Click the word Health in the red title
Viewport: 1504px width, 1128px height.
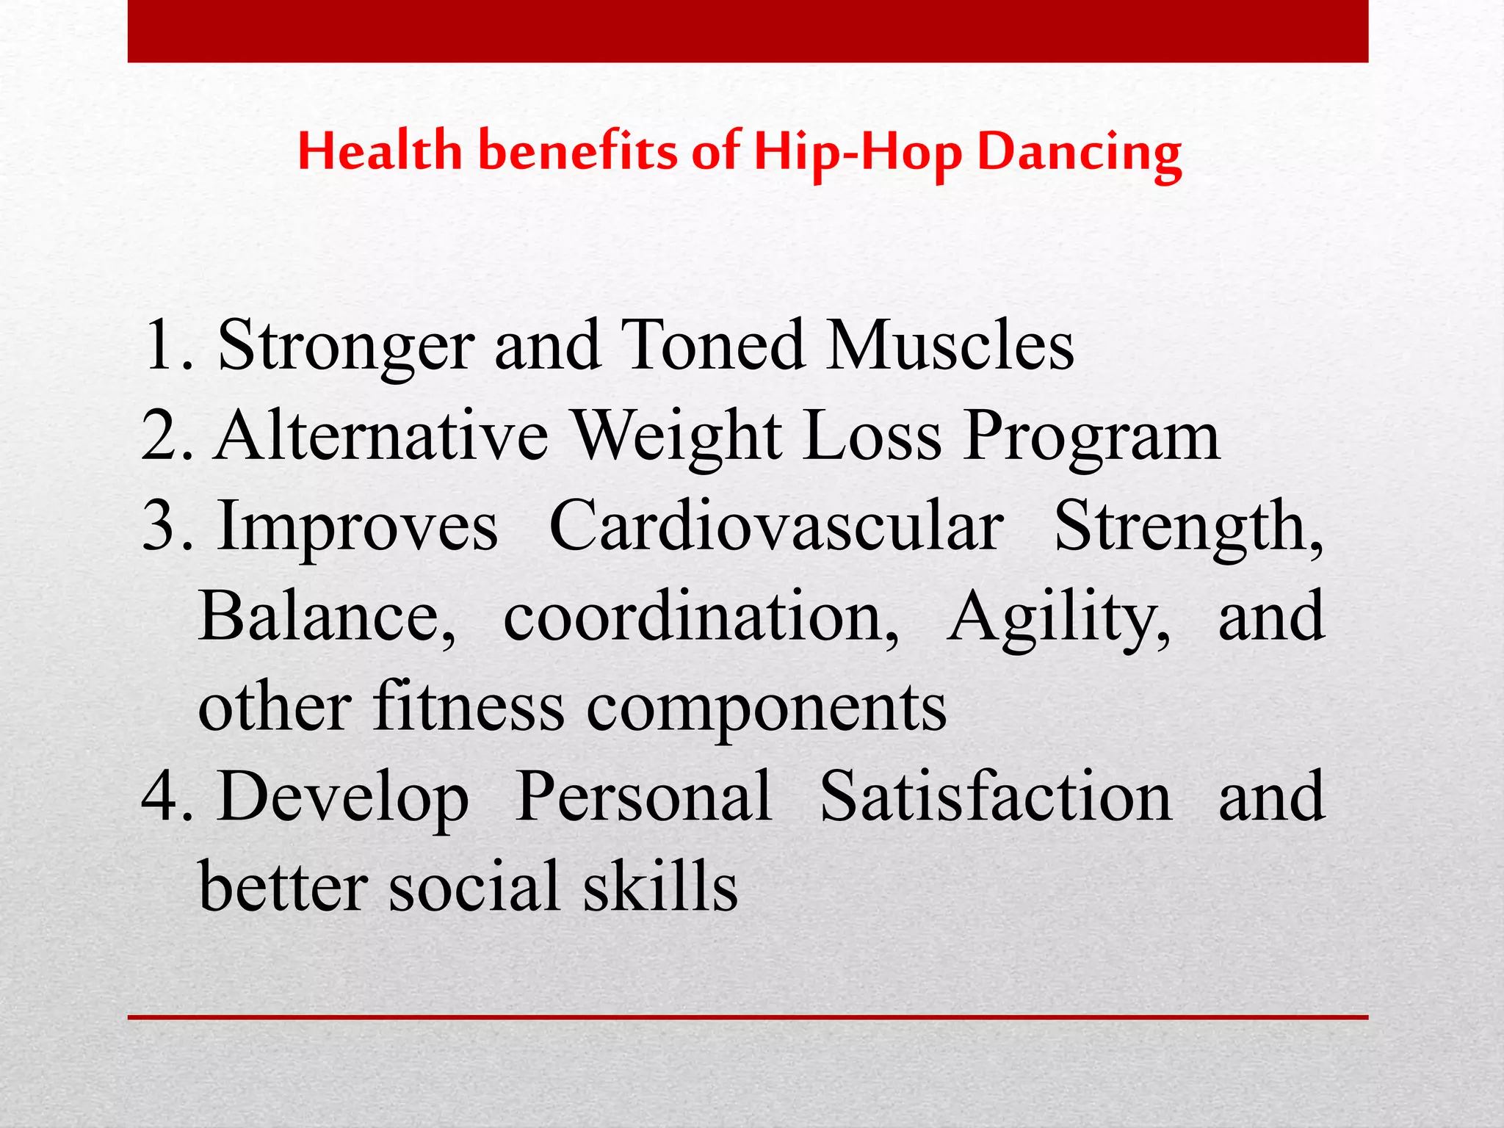coord(380,152)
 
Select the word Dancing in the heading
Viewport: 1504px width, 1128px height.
coord(1080,153)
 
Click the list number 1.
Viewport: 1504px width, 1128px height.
coord(162,345)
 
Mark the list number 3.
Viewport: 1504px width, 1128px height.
coord(162,526)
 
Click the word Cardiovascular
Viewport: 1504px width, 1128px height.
coord(776,526)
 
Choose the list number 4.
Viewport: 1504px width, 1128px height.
coord(162,797)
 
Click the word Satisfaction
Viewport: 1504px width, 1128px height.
coord(996,797)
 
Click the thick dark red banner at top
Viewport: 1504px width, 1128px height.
coord(748,31)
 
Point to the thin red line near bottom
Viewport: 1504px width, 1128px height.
coord(748,1017)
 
